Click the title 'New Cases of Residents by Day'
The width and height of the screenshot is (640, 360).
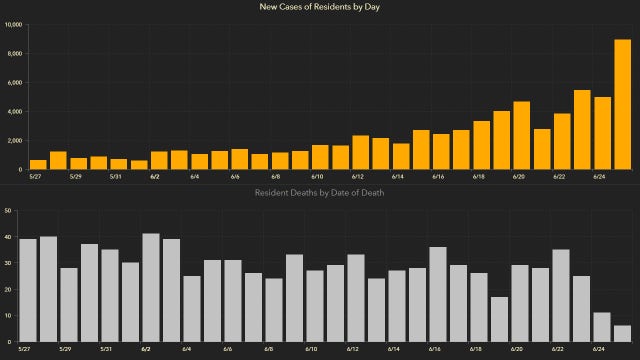pyautogui.click(x=320, y=8)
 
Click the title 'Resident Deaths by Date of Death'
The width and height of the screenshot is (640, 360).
pyautogui.click(x=320, y=191)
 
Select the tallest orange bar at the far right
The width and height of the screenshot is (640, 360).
pyautogui.click(x=621, y=104)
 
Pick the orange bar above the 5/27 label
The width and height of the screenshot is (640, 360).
pyautogui.click(x=38, y=164)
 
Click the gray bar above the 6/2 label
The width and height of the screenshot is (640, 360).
pyautogui.click(x=151, y=287)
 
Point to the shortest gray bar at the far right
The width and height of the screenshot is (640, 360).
pyautogui.click(x=622, y=333)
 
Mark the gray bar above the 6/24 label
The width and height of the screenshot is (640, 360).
pyautogui.click(x=601, y=327)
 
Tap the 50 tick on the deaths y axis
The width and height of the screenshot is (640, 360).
pyautogui.click(x=8, y=211)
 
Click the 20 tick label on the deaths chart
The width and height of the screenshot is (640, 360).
pyautogui.click(x=8, y=289)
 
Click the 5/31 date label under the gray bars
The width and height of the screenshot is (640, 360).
pyautogui.click(x=115, y=349)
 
